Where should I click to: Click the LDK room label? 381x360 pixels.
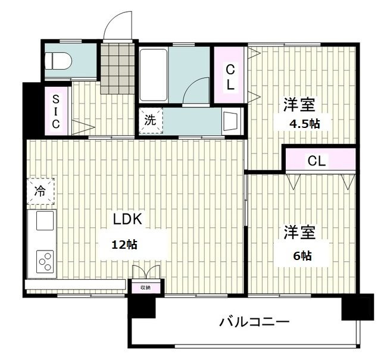pyautogui.click(x=128, y=219)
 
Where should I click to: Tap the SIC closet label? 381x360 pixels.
pyautogui.click(x=55, y=111)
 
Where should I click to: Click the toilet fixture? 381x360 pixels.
pyautogui.click(x=59, y=61)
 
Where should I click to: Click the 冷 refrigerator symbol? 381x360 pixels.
pyautogui.click(x=40, y=191)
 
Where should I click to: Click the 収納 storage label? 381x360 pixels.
pyautogui.click(x=145, y=287)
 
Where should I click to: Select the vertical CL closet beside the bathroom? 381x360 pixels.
pyautogui.click(x=230, y=77)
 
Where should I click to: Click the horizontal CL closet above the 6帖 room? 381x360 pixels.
pyautogui.click(x=317, y=159)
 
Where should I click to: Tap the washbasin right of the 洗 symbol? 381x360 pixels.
pyautogui.click(x=230, y=121)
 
